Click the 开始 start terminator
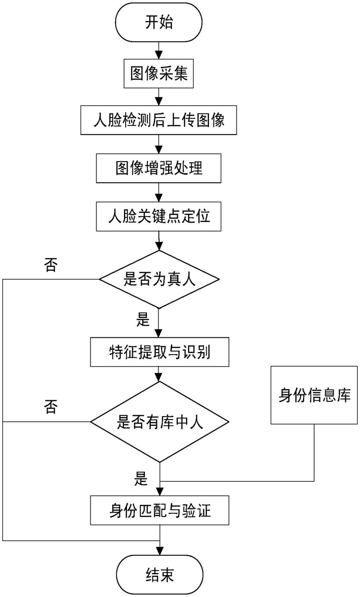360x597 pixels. point(159,22)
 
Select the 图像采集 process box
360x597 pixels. point(159,73)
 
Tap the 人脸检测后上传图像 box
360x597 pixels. point(159,120)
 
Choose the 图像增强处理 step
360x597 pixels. point(159,168)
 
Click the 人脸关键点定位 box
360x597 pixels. point(159,216)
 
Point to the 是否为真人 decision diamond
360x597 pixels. point(159,279)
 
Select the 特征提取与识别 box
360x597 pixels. point(160,352)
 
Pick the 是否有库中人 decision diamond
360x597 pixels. point(160,422)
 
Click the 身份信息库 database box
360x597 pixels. point(314,395)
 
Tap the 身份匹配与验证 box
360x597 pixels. point(160,510)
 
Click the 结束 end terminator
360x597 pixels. point(159,574)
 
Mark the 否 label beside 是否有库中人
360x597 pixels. point(51,407)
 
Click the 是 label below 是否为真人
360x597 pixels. point(143,319)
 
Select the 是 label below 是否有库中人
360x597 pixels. point(141,478)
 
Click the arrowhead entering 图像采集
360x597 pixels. point(159,56)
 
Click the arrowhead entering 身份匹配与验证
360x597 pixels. point(160,491)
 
